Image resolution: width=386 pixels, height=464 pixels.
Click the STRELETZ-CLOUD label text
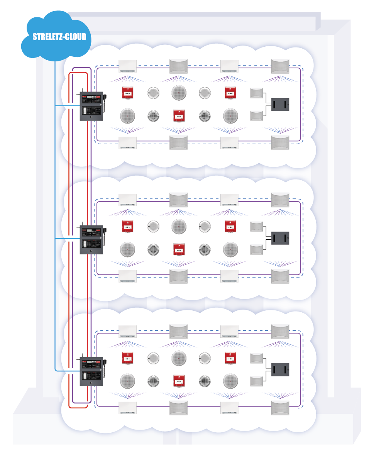pyautogui.click(x=59, y=37)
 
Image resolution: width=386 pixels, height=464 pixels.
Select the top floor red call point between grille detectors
pyautogui.click(x=179, y=115)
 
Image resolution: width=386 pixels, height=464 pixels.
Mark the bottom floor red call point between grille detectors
pyautogui.click(x=179, y=381)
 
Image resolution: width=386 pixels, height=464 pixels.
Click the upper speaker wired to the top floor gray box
pyautogui.click(x=256, y=93)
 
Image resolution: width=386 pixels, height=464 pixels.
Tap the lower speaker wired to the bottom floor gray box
pyautogui.click(x=256, y=381)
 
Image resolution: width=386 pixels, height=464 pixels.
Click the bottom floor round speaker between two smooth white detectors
pyautogui.click(x=179, y=358)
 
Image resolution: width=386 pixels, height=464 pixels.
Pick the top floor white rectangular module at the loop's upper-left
pyautogui.click(x=127, y=66)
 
